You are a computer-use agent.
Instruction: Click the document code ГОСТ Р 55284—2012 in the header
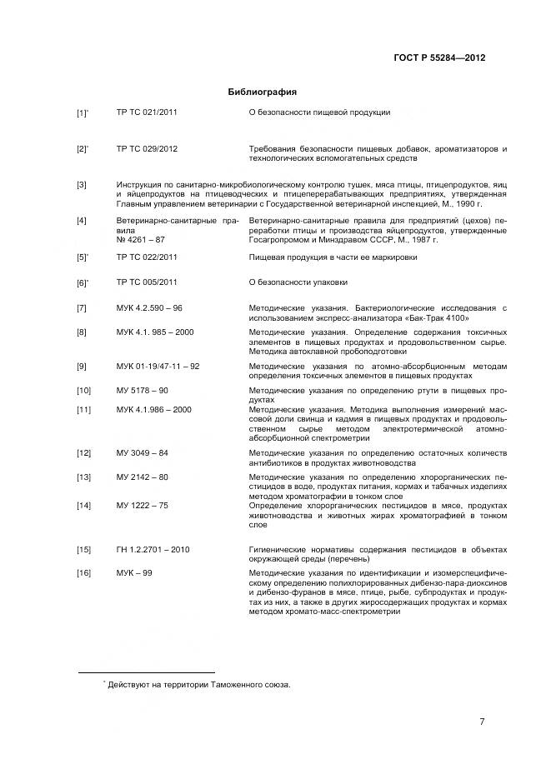tap(438, 58)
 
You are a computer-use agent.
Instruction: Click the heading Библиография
tap(263, 92)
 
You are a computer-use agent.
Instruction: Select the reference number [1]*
tap(83, 112)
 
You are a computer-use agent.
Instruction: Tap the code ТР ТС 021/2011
tap(147, 112)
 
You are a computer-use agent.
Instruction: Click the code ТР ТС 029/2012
tap(147, 148)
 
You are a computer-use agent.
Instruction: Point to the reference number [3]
tap(82, 184)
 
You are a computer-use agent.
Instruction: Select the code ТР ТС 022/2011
tap(147, 257)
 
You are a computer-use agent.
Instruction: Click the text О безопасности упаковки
tap(298, 282)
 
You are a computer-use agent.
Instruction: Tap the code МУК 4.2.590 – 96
tap(149, 308)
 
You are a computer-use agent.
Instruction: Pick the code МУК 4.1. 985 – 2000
tap(155, 332)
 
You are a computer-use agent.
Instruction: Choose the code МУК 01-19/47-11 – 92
tap(158, 366)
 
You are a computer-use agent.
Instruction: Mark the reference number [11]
tap(83, 409)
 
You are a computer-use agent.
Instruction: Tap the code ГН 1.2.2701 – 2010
tap(153, 549)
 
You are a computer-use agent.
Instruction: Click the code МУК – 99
tap(134, 573)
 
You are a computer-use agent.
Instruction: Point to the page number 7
tap(482, 722)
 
